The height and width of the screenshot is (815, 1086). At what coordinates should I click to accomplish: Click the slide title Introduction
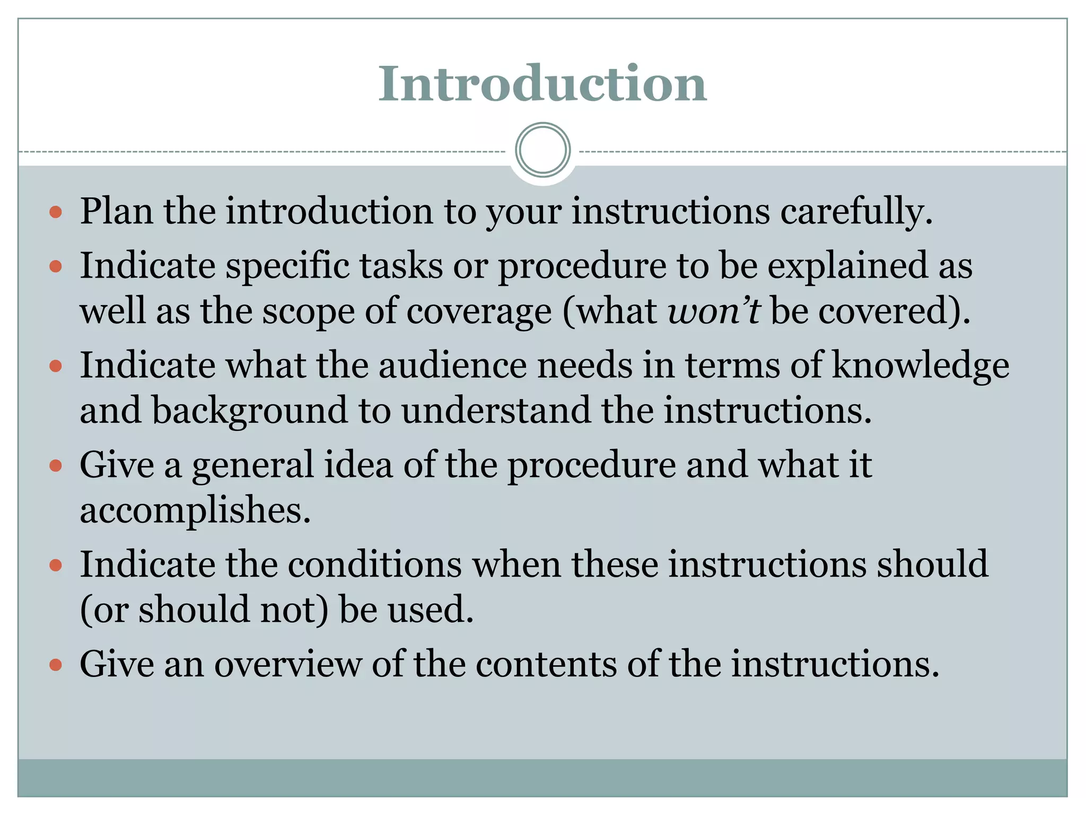(x=542, y=84)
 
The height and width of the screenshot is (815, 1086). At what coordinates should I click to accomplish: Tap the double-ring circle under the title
(x=542, y=150)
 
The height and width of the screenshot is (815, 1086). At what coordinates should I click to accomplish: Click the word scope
(x=309, y=311)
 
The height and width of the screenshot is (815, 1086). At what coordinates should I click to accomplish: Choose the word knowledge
(x=920, y=366)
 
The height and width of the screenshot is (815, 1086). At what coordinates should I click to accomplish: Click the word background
(x=249, y=411)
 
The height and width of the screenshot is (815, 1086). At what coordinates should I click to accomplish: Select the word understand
(x=495, y=411)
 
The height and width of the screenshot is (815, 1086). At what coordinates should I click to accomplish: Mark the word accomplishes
(x=195, y=510)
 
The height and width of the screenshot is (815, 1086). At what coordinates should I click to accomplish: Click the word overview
(x=287, y=664)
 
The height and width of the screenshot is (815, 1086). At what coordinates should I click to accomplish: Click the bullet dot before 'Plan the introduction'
(x=56, y=213)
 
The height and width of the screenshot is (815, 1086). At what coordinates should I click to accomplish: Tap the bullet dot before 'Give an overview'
(x=56, y=665)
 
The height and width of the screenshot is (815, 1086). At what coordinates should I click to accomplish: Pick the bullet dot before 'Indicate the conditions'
(x=56, y=566)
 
